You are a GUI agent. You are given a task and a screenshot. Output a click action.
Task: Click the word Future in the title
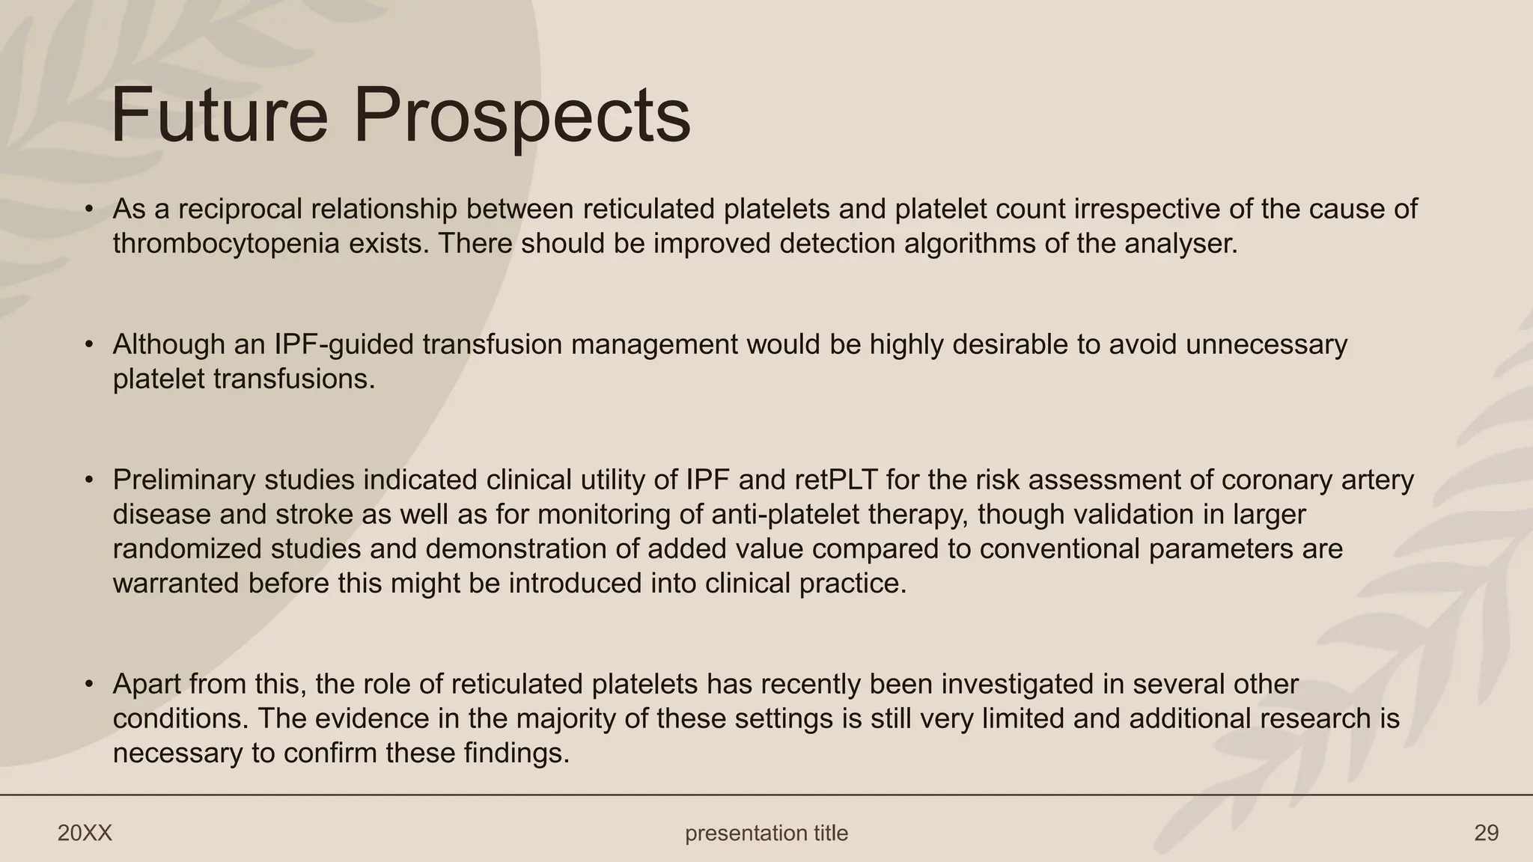click(219, 115)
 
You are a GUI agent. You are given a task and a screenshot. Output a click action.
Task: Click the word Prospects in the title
click(522, 115)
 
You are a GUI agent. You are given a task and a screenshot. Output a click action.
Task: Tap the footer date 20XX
click(85, 833)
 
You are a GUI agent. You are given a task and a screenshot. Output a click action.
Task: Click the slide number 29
click(1486, 833)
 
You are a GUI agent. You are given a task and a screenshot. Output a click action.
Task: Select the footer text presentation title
click(766, 833)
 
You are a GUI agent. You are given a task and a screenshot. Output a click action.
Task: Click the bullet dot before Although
click(89, 345)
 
